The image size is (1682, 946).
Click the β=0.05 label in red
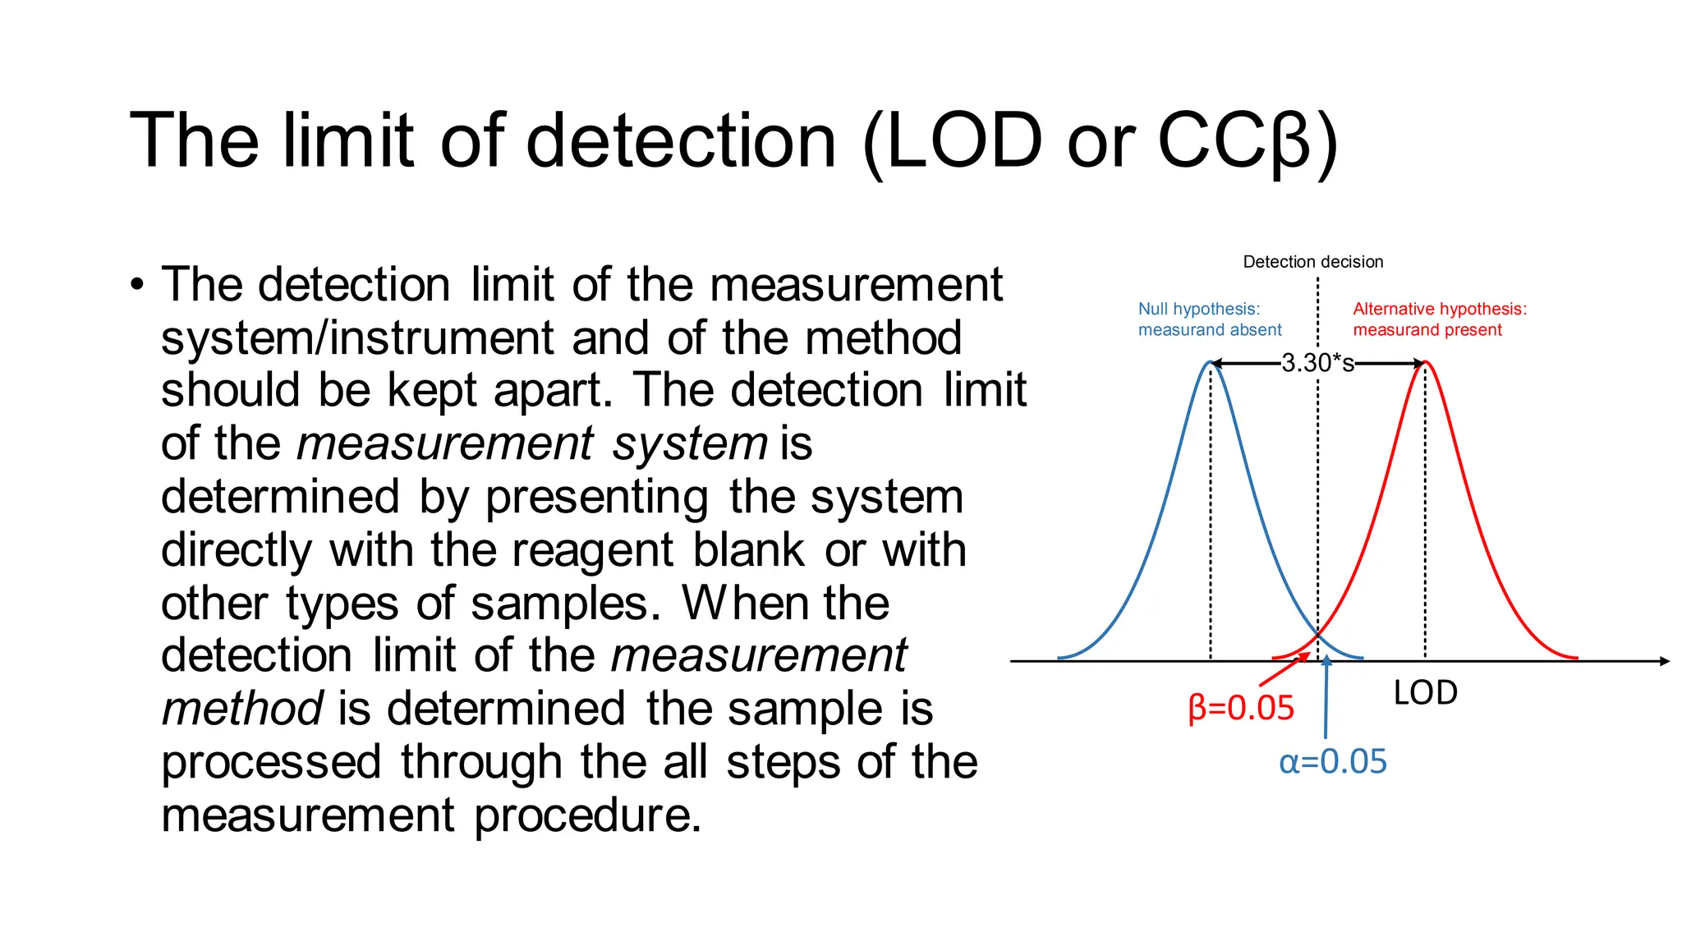[1241, 708]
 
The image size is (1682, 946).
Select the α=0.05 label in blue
[1332, 762]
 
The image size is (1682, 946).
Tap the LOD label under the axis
[1425, 693]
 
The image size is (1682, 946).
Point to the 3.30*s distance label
[1317, 363]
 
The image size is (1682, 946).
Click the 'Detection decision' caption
[1312, 262]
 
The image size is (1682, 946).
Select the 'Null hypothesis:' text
[1198, 309]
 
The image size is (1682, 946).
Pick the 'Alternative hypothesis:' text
[1440, 309]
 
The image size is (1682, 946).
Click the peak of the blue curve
[1210, 362]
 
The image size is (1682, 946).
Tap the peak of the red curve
[1427, 362]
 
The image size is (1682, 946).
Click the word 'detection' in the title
[681, 140]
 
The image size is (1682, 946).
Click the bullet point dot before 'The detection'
[136, 285]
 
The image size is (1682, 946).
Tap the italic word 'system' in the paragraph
[690, 443]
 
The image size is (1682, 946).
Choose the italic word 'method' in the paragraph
[242, 709]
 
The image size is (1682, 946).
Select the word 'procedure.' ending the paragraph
[588, 815]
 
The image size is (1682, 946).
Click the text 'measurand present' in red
[1427, 330]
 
